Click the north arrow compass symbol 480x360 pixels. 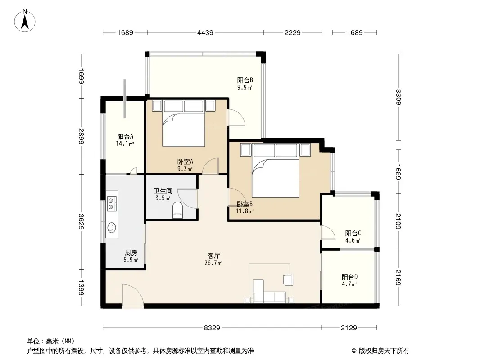coord(25,21)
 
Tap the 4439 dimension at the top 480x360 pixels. coord(205,32)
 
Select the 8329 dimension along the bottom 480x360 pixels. coord(212,328)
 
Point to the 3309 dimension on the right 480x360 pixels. coord(398,97)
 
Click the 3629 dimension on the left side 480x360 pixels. coord(81,222)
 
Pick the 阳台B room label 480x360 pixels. coord(245,81)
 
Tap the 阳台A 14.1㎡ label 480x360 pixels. coord(125,140)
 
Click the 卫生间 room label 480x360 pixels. coord(163,191)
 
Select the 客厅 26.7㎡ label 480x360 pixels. coord(214,259)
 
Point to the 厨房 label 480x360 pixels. coord(131,253)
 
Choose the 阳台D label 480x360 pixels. coord(349,277)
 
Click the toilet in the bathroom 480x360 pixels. coord(177,210)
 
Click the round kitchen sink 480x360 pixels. coord(111,228)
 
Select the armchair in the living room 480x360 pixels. coord(288,279)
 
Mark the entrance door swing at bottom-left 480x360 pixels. coord(132,296)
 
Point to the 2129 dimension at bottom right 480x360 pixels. coord(349,328)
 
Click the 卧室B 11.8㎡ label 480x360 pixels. coord(245,207)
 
